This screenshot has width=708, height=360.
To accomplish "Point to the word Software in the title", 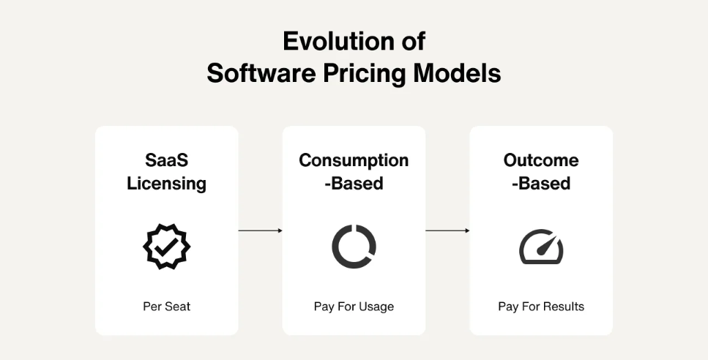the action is [x=261, y=73].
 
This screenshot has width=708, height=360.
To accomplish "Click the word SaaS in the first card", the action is [x=167, y=160].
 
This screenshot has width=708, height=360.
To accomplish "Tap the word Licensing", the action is [x=167, y=184].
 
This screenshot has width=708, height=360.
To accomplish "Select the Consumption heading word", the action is [x=354, y=160].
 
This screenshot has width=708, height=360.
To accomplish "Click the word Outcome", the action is [x=541, y=160].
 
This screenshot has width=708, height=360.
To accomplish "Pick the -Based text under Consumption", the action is [x=354, y=184].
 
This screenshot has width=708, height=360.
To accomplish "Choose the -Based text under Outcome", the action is [x=541, y=184].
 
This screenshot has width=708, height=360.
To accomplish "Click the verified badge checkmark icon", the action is [x=167, y=247].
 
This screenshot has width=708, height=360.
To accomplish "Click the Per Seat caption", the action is [x=167, y=307].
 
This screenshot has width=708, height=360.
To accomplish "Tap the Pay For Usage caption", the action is [x=354, y=307].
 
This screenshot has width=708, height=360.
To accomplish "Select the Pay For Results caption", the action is [x=541, y=307].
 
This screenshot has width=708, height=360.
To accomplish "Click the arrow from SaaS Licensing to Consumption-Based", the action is [x=261, y=230].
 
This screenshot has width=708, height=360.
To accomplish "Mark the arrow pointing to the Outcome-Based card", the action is [x=447, y=230].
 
